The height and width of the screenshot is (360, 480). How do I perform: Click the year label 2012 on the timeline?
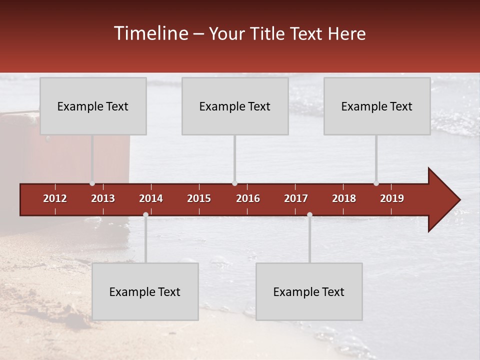(55, 198)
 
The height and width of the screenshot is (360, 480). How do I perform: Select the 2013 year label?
(103, 198)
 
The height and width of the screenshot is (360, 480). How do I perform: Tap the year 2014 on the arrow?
(151, 198)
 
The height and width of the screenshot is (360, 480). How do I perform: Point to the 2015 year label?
(199, 198)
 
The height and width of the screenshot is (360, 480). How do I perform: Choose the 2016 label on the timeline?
(248, 198)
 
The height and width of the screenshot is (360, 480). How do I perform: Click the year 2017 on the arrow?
(296, 198)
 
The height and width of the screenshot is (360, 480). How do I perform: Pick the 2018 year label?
(344, 198)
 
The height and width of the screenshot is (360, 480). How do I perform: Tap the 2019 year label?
(392, 198)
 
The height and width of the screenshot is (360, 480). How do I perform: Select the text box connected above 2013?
(93, 106)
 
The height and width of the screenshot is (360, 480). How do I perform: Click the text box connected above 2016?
(235, 106)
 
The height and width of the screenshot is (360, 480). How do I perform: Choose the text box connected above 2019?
(377, 106)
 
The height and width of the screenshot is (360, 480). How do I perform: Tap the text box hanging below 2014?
(145, 291)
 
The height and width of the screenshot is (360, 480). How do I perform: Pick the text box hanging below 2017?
(309, 291)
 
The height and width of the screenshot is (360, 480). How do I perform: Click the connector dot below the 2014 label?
(145, 214)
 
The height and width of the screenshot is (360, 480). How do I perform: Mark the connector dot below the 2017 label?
(309, 214)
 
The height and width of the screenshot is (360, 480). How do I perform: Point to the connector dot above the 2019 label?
(376, 183)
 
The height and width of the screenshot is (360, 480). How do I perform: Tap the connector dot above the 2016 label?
(234, 183)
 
